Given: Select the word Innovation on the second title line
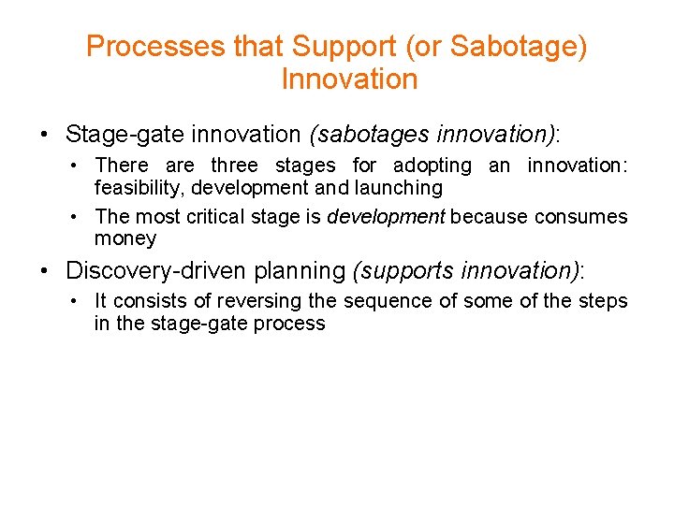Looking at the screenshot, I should tap(349, 79).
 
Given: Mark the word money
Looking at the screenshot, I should tap(125, 238).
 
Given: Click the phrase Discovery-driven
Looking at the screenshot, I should tap(145, 271).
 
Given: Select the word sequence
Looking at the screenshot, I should tap(384, 301).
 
